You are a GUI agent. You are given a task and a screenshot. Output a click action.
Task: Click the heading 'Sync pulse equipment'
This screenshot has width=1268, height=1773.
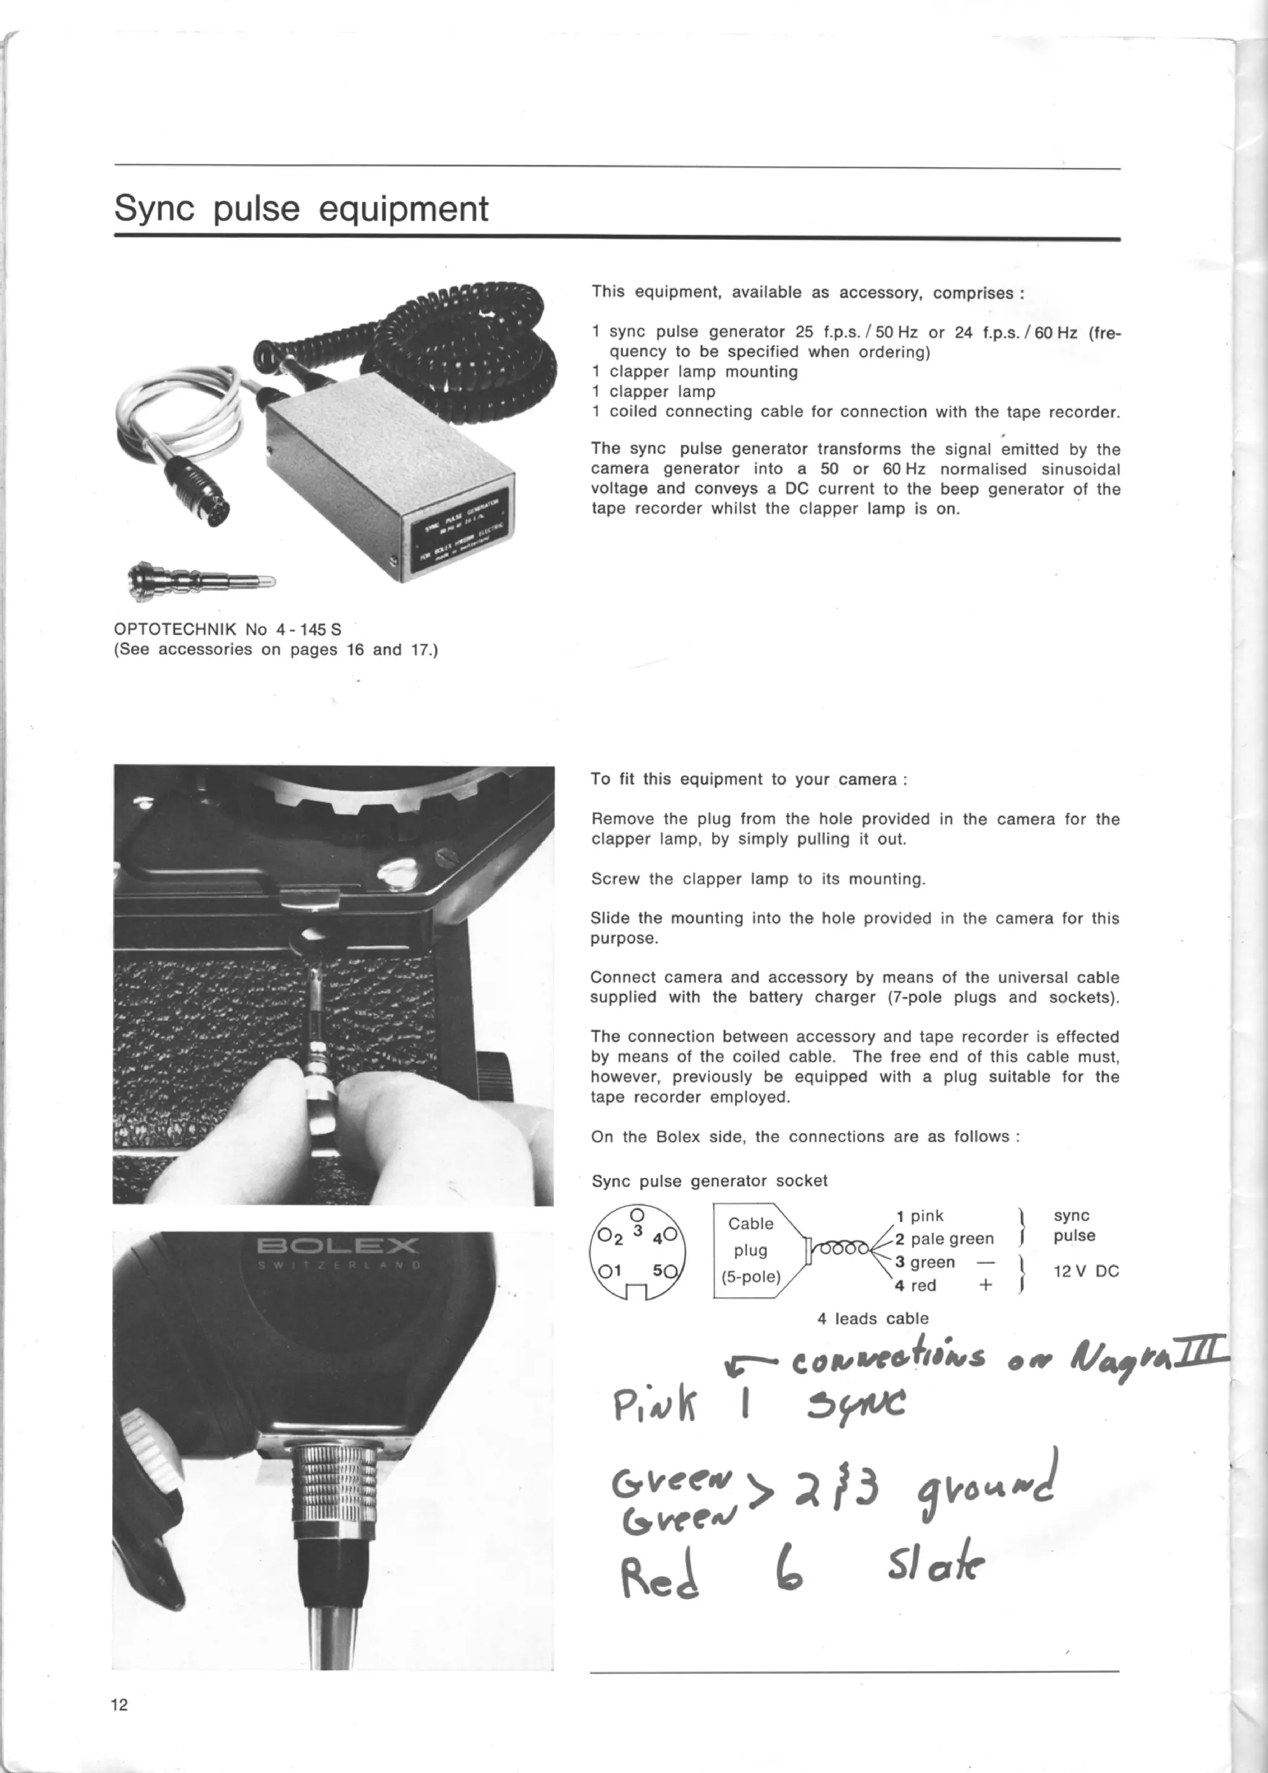[x=301, y=209]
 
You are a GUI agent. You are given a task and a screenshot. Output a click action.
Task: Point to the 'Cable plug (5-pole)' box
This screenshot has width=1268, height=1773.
[x=750, y=1250]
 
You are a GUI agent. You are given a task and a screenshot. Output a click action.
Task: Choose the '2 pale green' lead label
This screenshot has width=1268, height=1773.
[x=945, y=1239]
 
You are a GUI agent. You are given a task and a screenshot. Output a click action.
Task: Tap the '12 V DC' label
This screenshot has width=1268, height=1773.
[x=1085, y=1271]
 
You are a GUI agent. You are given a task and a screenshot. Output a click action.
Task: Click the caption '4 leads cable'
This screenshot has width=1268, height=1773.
[x=872, y=1318]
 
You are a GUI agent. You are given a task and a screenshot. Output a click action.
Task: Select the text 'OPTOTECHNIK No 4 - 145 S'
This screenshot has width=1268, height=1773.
[x=227, y=629]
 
